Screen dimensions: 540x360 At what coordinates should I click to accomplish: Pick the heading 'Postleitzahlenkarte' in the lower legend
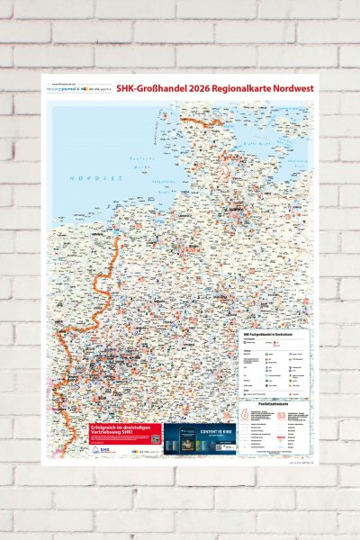274,401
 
